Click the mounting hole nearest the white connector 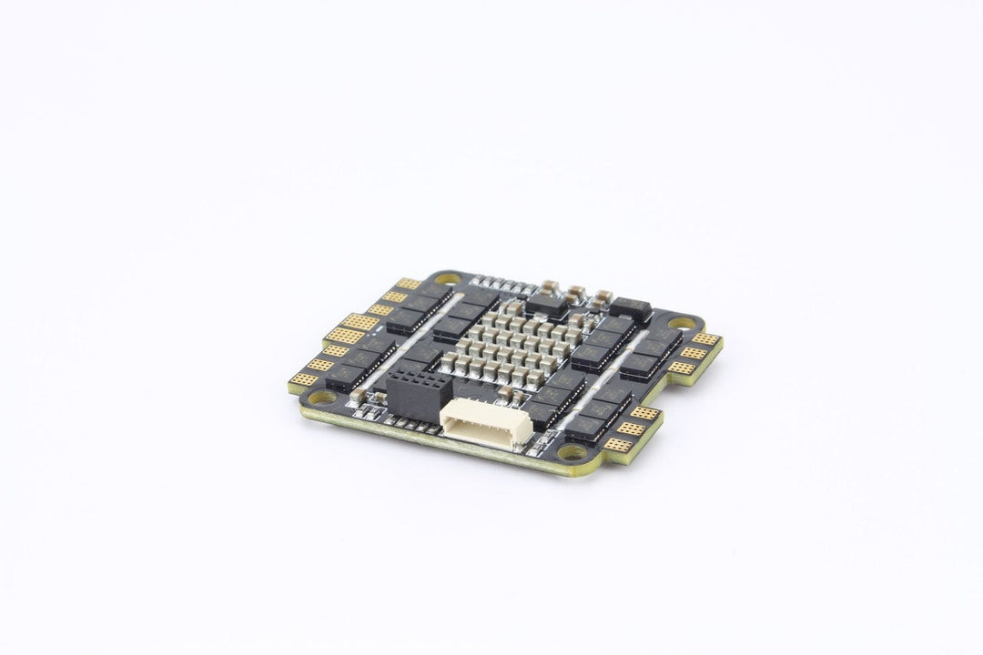point(573,451)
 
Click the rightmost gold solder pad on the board point(705,339)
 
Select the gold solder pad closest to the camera point(618,445)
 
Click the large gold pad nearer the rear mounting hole point(361,322)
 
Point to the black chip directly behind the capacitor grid point(546,304)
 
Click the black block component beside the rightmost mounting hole point(631,310)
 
